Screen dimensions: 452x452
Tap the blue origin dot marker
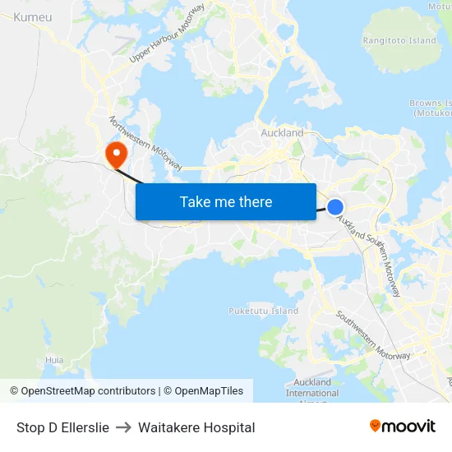coord(335,207)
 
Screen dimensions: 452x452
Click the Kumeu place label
coord(33,16)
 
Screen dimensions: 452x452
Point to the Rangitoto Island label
coord(399,40)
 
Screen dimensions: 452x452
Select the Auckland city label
coord(282,132)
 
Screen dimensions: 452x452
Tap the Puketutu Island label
coord(263,311)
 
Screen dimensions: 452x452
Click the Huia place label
coord(54,360)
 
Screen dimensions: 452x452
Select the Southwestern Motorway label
coord(372,335)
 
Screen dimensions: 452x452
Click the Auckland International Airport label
coord(312,388)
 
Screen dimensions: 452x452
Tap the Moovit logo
coord(403,426)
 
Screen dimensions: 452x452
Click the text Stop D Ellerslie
coord(62,427)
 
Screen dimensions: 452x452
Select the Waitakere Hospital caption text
coord(196,427)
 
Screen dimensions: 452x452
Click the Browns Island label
coord(431,108)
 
